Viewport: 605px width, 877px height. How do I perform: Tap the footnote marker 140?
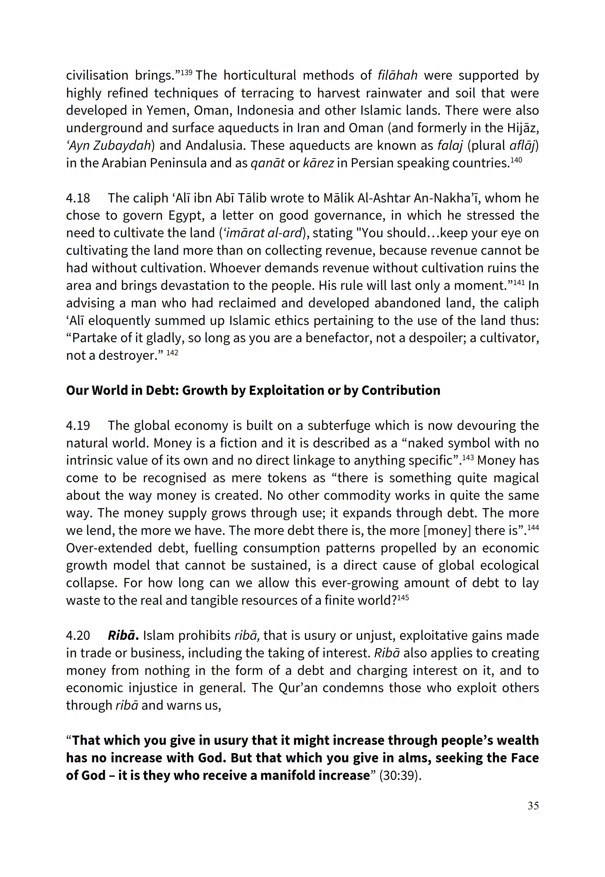[516, 160]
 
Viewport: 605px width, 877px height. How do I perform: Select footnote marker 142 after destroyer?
[172, 352]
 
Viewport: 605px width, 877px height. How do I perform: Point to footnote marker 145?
[403, 597]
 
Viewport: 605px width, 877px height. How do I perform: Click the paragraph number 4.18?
[78, 198]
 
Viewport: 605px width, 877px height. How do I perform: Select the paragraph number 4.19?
[78, 426]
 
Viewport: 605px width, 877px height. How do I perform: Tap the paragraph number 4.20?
[78, 635]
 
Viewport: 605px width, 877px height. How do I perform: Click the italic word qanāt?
[267, 163]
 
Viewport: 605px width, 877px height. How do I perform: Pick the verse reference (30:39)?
[400, 775]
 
